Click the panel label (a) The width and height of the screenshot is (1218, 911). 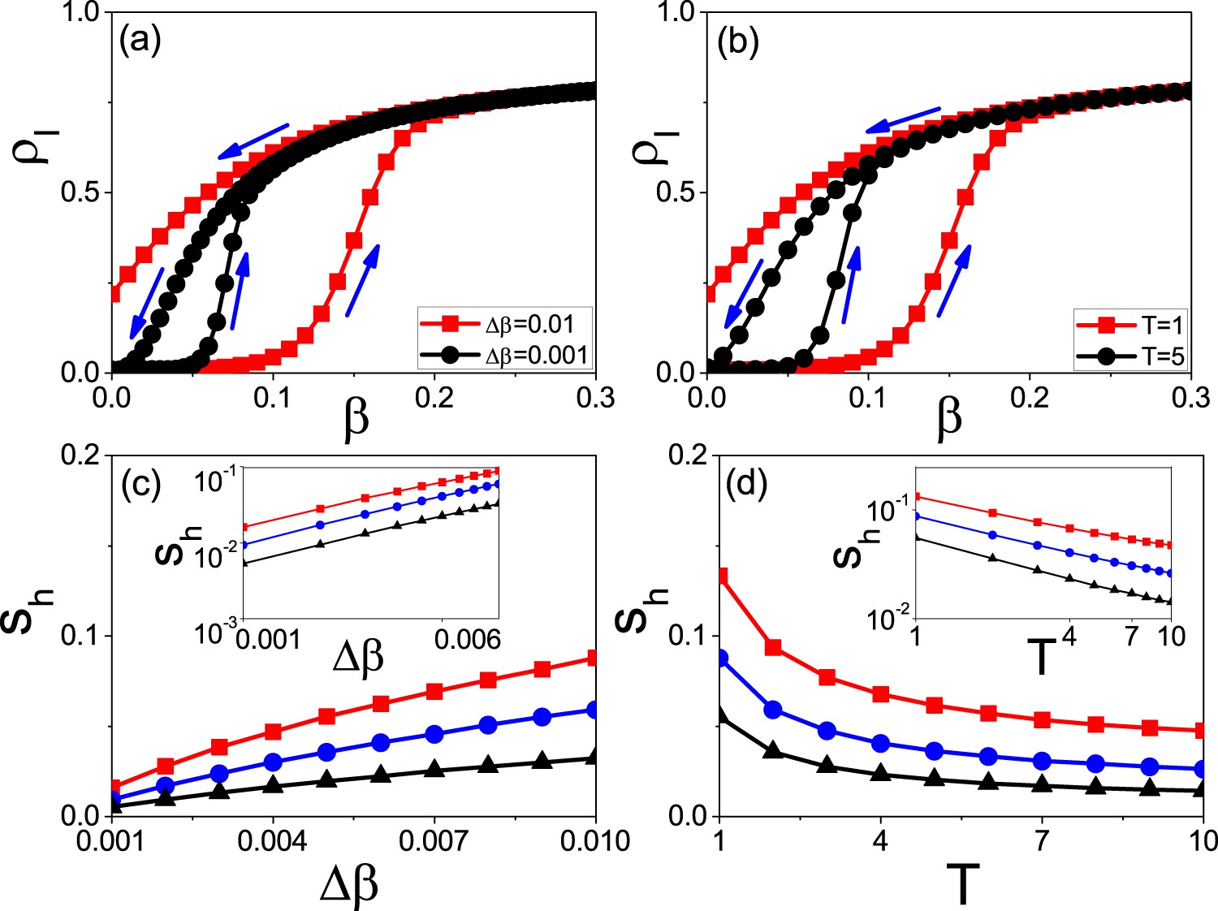point(140,40)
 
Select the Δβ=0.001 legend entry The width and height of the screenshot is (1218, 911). point(503,355)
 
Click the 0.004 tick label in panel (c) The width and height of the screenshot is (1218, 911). point(273,841)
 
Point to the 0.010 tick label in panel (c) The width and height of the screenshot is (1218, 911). point(594,841)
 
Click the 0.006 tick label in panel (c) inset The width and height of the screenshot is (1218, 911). point(467,640)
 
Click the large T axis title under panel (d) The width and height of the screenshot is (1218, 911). point(961,885)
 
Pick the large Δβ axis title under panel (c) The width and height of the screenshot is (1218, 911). point(349,885)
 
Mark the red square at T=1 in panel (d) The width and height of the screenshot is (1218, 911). point(719,576)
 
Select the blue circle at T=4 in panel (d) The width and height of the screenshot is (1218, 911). point(880,743)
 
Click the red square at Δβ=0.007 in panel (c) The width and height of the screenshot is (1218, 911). point(434,692)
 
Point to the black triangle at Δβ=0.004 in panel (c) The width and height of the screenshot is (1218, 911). point(273,784)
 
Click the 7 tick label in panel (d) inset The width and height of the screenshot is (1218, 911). point(1132,637)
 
